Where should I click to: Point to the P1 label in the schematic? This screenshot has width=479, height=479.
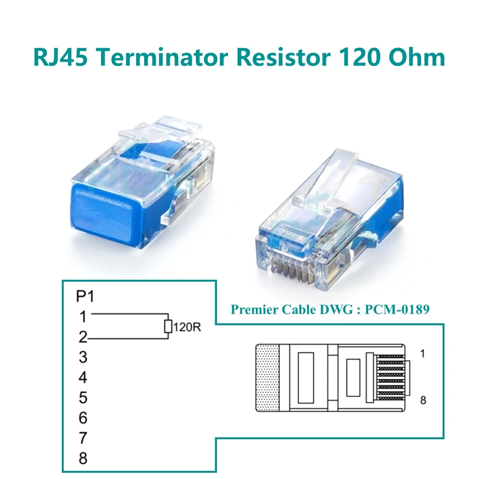[x=85, y=297]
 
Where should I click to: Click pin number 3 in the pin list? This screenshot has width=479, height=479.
[x=83, y=357]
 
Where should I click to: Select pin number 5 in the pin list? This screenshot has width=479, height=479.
[x=83, y=398]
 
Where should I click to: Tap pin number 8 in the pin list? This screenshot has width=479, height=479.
[x=83, y=458]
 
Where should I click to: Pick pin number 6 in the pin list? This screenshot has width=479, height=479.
[x=83, y=418]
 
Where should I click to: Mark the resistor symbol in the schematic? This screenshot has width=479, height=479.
[x=168, y=327]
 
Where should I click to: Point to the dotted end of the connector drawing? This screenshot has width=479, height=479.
[x=267, y=378]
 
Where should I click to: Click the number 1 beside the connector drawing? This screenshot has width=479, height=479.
[x=422, y=354]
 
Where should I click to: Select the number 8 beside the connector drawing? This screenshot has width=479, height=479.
[x=422, y=400]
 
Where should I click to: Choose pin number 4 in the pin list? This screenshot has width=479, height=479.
[x=83, y=377]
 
